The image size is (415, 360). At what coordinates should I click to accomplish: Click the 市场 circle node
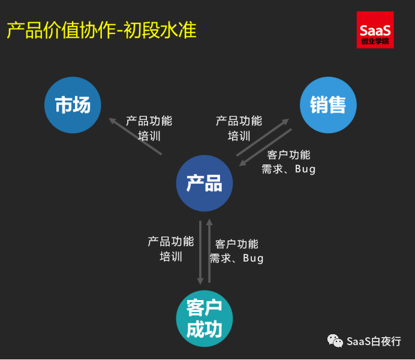tap(73, 105)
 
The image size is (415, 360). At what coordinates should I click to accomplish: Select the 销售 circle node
tap(328, 105)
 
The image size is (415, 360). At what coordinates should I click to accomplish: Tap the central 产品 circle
tap(205, 183)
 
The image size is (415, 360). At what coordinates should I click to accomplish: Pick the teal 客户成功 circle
tap(205, 319)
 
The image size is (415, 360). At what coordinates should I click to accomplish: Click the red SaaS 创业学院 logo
tap(375, 30)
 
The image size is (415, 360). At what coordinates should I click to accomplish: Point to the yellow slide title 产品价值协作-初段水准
tap(101, 30)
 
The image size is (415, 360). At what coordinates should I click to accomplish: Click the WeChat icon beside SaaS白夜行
tap(335, 341)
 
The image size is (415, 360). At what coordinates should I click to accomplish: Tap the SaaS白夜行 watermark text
tap(374, 341)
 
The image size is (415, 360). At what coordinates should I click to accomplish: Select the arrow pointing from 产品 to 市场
tap(136, 136)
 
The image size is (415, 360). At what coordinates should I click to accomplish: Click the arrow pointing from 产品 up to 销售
tap(263, 137)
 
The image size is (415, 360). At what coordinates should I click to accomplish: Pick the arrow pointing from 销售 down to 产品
tap(266, 147)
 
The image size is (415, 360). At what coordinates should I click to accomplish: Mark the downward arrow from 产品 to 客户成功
tap(200, 253)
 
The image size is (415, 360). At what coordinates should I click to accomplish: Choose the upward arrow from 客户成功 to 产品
tap(209, 250)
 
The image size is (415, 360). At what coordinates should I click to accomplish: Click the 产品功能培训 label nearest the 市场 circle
tap(149, 128)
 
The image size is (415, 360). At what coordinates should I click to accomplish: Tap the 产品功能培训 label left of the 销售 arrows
tap(239, 128)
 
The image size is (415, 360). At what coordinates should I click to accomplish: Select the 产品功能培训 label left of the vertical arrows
tap(171, 249)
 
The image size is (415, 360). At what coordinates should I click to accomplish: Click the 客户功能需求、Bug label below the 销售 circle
tap(288, 162)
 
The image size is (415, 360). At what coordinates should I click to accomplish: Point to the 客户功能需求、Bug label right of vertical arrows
tap(237, 251)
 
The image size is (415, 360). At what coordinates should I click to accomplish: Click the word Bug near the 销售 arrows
tap(305, 169)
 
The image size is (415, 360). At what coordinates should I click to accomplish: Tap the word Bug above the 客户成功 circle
tap(253, 258)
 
